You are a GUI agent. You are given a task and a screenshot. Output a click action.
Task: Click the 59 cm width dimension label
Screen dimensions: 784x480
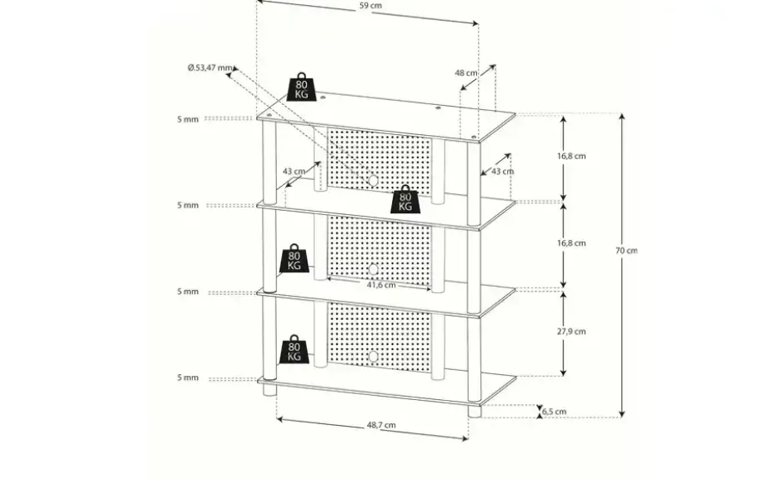370,6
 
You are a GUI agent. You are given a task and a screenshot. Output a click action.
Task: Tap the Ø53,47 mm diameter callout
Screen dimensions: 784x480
210,67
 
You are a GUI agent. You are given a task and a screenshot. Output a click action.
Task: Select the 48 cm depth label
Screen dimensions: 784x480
466,73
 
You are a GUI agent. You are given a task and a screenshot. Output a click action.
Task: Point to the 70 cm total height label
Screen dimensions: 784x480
626,251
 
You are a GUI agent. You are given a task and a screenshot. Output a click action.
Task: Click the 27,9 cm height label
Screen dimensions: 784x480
571,332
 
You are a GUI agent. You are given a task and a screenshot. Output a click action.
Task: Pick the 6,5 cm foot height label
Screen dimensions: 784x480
555,412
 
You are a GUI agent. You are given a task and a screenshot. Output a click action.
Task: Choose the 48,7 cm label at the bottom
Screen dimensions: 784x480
381,425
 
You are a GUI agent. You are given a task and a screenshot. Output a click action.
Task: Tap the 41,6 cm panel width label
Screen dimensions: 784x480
381,285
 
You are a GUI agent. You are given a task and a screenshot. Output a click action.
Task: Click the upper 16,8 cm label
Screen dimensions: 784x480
571,157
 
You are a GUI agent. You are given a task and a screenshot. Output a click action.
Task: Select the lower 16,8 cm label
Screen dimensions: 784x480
571,243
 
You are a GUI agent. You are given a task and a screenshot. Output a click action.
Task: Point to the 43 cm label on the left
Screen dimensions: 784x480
294,172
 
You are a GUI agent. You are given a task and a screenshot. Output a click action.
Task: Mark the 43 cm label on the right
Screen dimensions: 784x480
502,172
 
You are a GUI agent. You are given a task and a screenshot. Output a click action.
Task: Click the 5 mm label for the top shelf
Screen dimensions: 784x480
188,119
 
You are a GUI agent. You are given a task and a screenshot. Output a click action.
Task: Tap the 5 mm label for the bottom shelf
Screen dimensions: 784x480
188,377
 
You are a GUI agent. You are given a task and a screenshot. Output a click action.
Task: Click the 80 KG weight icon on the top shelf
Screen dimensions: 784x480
301,87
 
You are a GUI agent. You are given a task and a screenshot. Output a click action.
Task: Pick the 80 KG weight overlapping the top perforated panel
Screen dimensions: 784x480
405,199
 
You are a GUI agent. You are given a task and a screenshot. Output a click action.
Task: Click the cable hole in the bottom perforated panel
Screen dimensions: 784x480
373,357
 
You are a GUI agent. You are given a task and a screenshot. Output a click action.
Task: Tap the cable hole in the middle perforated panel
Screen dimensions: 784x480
373,270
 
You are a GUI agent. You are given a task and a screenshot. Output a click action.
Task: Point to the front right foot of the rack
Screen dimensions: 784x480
474,411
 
